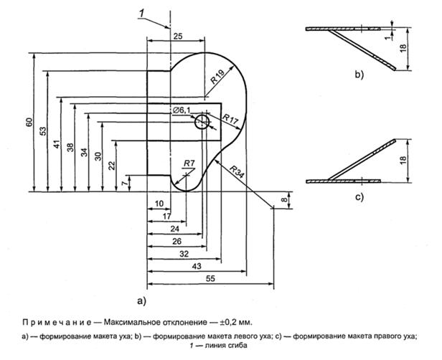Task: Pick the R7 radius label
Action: tap(189, 162)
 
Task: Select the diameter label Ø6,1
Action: tap(182, 110)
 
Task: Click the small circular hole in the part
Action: tap(202, 122)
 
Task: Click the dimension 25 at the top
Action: tap(178, 35)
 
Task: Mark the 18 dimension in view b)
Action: tap(404, 49)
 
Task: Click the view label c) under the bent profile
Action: tap(357, 194)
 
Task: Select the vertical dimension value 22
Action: tap(112, 165)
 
